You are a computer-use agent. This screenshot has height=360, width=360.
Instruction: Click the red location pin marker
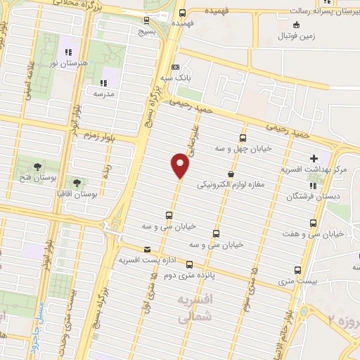click(181, 166)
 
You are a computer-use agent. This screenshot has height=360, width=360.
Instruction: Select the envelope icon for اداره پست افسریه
click(147, 249)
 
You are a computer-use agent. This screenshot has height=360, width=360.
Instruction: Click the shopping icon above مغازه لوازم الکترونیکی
click(231, 174)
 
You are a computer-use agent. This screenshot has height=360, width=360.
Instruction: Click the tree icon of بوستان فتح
click(36, 166)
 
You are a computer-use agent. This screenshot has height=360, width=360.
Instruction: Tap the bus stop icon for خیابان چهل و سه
click(243, 138)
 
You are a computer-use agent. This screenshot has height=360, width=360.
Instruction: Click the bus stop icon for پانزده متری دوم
click(190, 264)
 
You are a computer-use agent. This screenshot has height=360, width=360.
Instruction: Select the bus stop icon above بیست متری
click(297, 270)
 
